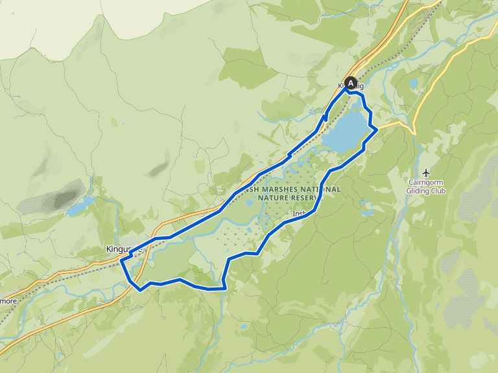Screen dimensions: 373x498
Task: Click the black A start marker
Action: coord(351,83)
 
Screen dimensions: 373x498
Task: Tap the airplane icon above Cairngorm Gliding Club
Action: coord(425,172)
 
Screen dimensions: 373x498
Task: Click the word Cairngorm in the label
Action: coord(425,183)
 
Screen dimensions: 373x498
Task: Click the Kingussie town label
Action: coord(123,249)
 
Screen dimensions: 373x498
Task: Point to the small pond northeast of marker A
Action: coord(413,84)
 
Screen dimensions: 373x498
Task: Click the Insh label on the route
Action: coord(298,213)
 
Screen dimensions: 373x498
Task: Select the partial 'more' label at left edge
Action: coord(8,300)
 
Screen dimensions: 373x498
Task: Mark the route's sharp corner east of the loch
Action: coord(377,130)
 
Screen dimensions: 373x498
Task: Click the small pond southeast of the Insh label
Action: coord(367,210)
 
